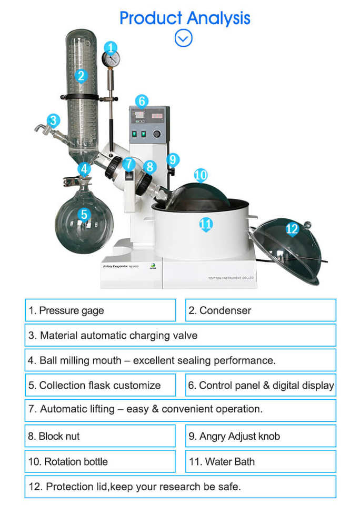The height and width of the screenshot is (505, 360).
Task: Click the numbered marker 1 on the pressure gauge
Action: click(x=110, y=47)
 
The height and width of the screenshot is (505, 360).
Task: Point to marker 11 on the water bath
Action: click(x=206, y=225)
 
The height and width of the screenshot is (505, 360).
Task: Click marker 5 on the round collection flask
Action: click(x=84, y=215)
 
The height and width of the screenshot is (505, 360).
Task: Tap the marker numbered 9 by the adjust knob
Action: click(x=173, y=159)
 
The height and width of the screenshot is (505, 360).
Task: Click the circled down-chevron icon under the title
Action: click(x=183, y=38)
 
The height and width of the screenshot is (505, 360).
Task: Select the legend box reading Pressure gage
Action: click(x=100, y=310)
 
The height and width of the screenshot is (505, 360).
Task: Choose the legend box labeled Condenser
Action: click(x=261, y=310)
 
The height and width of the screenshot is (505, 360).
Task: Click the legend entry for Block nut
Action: click(x=100, y=436)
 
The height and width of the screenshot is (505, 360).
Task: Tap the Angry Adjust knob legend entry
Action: click(x=261, y=436)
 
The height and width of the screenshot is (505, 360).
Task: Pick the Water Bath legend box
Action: click(x=261, y=462)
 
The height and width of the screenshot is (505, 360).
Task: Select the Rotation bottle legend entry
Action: click(x=100, y=462)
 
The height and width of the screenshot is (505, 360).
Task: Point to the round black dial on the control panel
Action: click(x=157, y=134)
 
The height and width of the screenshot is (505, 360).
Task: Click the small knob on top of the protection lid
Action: click(x=307, y=225)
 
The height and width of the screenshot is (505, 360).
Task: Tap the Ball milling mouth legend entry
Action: click(x=180, y=361)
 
